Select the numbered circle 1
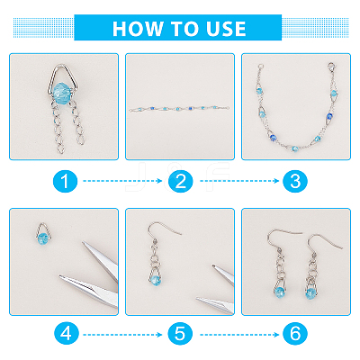tap(65, 181)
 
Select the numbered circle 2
tap(180, 181)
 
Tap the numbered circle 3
tap(295, 181)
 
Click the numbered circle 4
tap(67, 334)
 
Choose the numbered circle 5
tap(180, 334)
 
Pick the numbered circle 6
tap(295, 334)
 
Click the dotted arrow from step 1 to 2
tap(122, 181)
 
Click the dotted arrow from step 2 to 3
tap(239, 181)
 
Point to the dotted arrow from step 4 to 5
tap(122, 335)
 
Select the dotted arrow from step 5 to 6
tap(239, 335)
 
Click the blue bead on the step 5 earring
tap(156, 281)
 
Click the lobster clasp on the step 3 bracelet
tap(331, 67)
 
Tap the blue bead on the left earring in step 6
tap(279, 292)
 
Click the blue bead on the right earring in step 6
tap(310, 292)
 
